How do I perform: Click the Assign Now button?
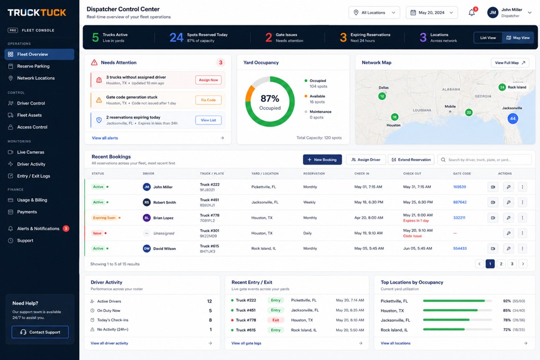click(208, 80)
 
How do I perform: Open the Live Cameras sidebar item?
click(30, 152)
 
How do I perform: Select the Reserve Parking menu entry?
click(33, 66)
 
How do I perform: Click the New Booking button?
click(322, 160)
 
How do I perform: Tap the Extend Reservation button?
click(411, 160)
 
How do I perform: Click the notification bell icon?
click(472, 13)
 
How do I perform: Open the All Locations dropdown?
click(374, 13)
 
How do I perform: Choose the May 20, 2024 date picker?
click(432, 13)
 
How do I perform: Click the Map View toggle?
click(518, 38)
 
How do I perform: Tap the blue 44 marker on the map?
click(513, 119)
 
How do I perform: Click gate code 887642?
click(460, 202)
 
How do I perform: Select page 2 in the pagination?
click(501, 264)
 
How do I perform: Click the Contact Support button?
click(40, 332)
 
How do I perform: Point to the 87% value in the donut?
click(270, 99)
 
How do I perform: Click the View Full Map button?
click(510, 63)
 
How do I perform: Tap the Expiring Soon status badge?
click(104, 218)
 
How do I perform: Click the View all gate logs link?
click(246, 343)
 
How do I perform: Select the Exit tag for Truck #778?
click(275, 320)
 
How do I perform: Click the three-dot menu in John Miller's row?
click(522, 187)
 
